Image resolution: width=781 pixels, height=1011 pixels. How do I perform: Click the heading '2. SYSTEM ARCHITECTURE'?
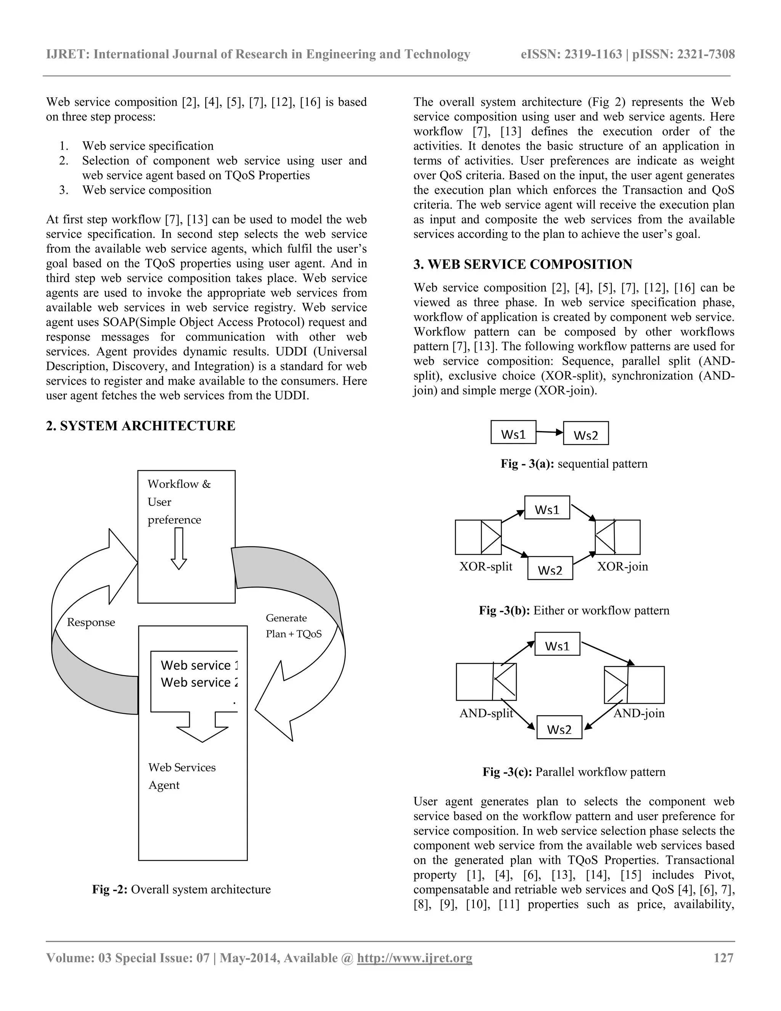pyautogui.click(x=141, y=426)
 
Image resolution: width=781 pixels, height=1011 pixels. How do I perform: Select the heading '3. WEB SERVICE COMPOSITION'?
pyautogui.click(x=523, y=264)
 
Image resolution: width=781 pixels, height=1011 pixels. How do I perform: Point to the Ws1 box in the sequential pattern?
pyautogui.click(x=513, y=432)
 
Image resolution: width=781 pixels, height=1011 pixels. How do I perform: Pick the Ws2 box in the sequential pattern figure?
pyautogui.click(x=586, y=433)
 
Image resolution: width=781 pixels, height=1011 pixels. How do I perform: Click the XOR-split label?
pyautogui.click(x=486, y=567)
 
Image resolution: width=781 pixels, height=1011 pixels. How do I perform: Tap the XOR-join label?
pyautogui.click(x=622, y=567)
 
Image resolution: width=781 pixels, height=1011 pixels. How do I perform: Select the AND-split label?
pyautogui.click(x=486, y=713)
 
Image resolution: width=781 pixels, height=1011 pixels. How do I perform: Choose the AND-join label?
pyautogui.click(x=639, y=713)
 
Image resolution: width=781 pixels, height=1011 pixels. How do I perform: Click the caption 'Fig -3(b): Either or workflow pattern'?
pyautogui.click(x=574, y=610)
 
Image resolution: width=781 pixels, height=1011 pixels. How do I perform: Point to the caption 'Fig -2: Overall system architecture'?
pyautogui.click(x=182, y=889)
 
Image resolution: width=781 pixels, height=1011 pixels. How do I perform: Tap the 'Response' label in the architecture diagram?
pyautogui.click(x=91, y=622)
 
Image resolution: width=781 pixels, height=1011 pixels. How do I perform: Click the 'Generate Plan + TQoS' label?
pyautogui.click(x=293, y=626)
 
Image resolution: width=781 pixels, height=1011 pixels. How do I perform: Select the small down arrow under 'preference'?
pyautogui.click(x=178, y=549)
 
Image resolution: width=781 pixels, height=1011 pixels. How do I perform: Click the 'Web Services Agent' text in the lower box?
pyautogui.click(x=182, y=776)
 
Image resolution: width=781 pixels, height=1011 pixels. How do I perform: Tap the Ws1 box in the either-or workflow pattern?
pyautogui.click(x=547, y=508)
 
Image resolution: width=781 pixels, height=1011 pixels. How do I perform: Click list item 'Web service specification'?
pyautogui.click(x=148, y=146)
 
